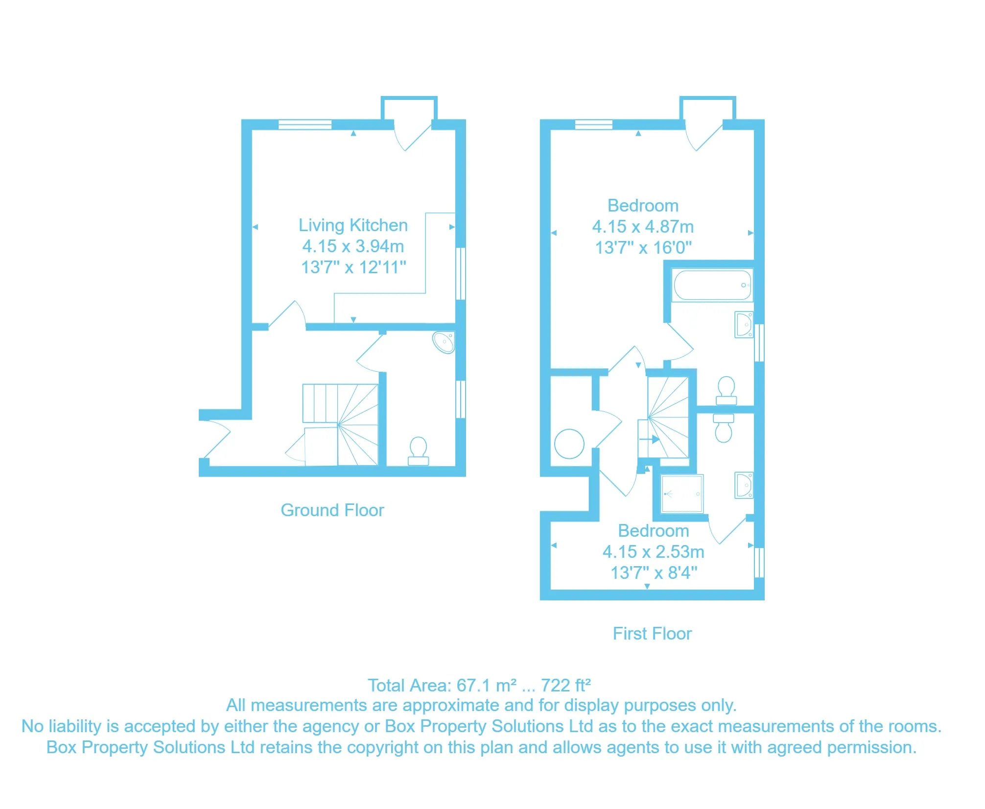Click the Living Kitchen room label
[x=353, y=225]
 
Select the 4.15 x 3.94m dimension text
[x=353, y=246]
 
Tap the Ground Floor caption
[x=332, y=510]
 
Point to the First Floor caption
[x=652, y=634]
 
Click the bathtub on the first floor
[x=712, y=285]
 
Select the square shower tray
[x=682, y=494]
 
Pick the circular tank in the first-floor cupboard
[x=569, y=444]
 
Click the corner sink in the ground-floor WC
[x=444, y=342]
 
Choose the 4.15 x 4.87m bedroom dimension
[x=643, y=227]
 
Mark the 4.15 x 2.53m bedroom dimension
[x=653, y=552]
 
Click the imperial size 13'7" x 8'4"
[x=653, y=573]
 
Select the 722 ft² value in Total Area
[x=565, y=686]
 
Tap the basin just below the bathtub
[x=744, y=325]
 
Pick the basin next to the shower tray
[x=744, y=485]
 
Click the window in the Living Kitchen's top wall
[x=305, y=124]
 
